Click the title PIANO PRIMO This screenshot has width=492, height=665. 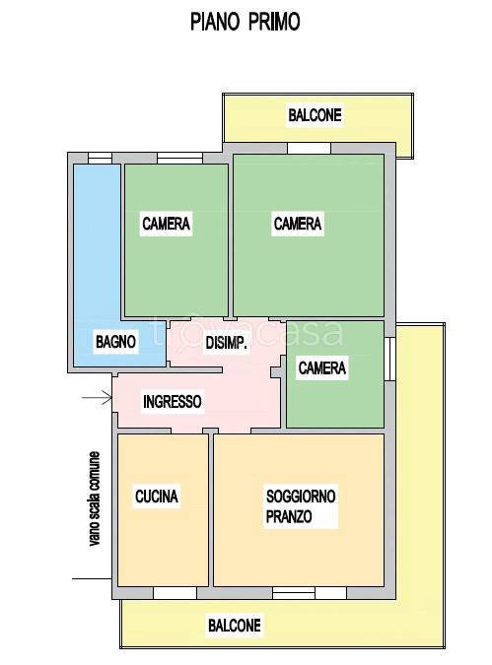(x=246, y=22)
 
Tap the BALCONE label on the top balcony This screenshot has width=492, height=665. (x=315, y=115)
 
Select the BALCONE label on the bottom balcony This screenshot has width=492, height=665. (x=234, y=625)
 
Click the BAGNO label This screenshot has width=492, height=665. (x=116, y=342)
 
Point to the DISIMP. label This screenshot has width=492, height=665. (x=225, y=344)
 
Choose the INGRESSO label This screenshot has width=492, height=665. (x=173, y=402)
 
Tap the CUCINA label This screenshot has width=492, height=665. (x=157, y=498)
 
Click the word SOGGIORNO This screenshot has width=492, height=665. (x=301, y=496)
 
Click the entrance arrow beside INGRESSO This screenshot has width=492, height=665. (x=96, y=398)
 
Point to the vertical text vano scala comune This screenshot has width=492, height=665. (x=95, y=498)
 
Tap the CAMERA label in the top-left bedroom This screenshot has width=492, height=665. (x=166, y=224)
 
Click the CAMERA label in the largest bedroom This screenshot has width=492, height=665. (x=298, y=224)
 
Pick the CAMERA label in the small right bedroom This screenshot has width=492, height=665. (x=321, y=368)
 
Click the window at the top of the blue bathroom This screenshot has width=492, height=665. (x=100, y=158)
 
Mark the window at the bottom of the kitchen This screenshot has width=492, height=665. (x=174, y=592)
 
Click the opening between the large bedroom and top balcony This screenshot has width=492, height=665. (x=309, y=149)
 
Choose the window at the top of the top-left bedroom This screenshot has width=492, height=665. (x=180, y=158)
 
